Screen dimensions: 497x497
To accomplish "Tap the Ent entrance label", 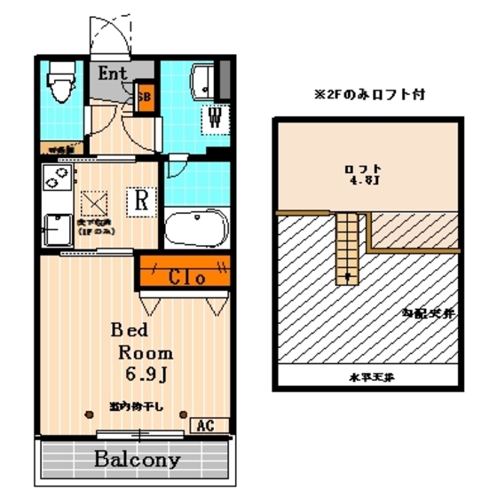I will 113,74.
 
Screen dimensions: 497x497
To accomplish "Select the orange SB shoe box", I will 145,97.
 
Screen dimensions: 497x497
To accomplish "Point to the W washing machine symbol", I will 215,115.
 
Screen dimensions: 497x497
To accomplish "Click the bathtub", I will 198,230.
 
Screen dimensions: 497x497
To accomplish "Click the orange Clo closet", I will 186,276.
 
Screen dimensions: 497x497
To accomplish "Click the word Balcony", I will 138,461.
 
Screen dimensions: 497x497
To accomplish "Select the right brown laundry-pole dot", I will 184,413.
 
